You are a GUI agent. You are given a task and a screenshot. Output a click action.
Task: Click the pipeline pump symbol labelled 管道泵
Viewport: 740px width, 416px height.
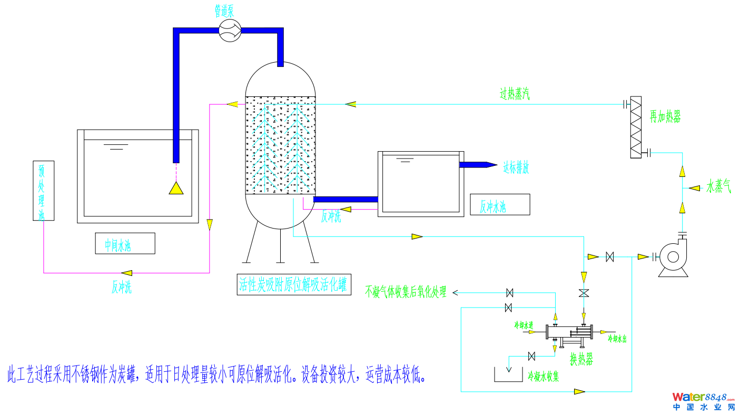(x=230, y=31)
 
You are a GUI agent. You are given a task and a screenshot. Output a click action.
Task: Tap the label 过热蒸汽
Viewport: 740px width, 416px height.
(x=515, y=94)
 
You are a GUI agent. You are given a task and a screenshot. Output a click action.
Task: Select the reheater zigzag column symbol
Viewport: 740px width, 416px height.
(x=636, y=127)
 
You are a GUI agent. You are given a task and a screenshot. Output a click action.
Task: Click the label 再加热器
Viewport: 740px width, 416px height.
(x=665, y=117)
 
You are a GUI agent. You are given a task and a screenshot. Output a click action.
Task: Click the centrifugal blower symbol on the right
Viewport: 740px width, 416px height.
(x=673, y=257)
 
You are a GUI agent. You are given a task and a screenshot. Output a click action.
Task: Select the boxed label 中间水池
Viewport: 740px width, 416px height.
(x=125, y=243)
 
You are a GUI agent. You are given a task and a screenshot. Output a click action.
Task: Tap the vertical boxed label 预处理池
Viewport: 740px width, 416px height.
(x=43, y=191)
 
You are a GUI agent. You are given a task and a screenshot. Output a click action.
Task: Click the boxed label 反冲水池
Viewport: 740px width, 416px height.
(x=499, y=204)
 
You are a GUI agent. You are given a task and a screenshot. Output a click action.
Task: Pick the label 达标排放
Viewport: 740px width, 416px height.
(x=516, y=167)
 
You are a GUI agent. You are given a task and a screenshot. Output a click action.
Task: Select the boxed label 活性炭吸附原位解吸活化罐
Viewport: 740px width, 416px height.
(x=293, y=285)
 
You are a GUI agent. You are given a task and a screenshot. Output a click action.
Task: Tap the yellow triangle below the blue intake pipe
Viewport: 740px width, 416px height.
(x=176, y=188)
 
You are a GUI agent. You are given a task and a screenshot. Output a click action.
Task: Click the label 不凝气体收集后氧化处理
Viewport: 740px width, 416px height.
(x=406, y=292)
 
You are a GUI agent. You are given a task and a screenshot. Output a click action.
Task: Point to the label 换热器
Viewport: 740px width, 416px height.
(x=581, y=360)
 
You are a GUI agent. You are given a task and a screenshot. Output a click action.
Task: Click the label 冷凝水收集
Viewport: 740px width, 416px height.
(x=543, y=377)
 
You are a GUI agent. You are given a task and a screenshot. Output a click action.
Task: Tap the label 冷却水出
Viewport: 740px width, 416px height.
(x=617, y=338)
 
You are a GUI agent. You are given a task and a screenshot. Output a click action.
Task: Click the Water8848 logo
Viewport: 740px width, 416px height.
(x=704, y=401)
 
